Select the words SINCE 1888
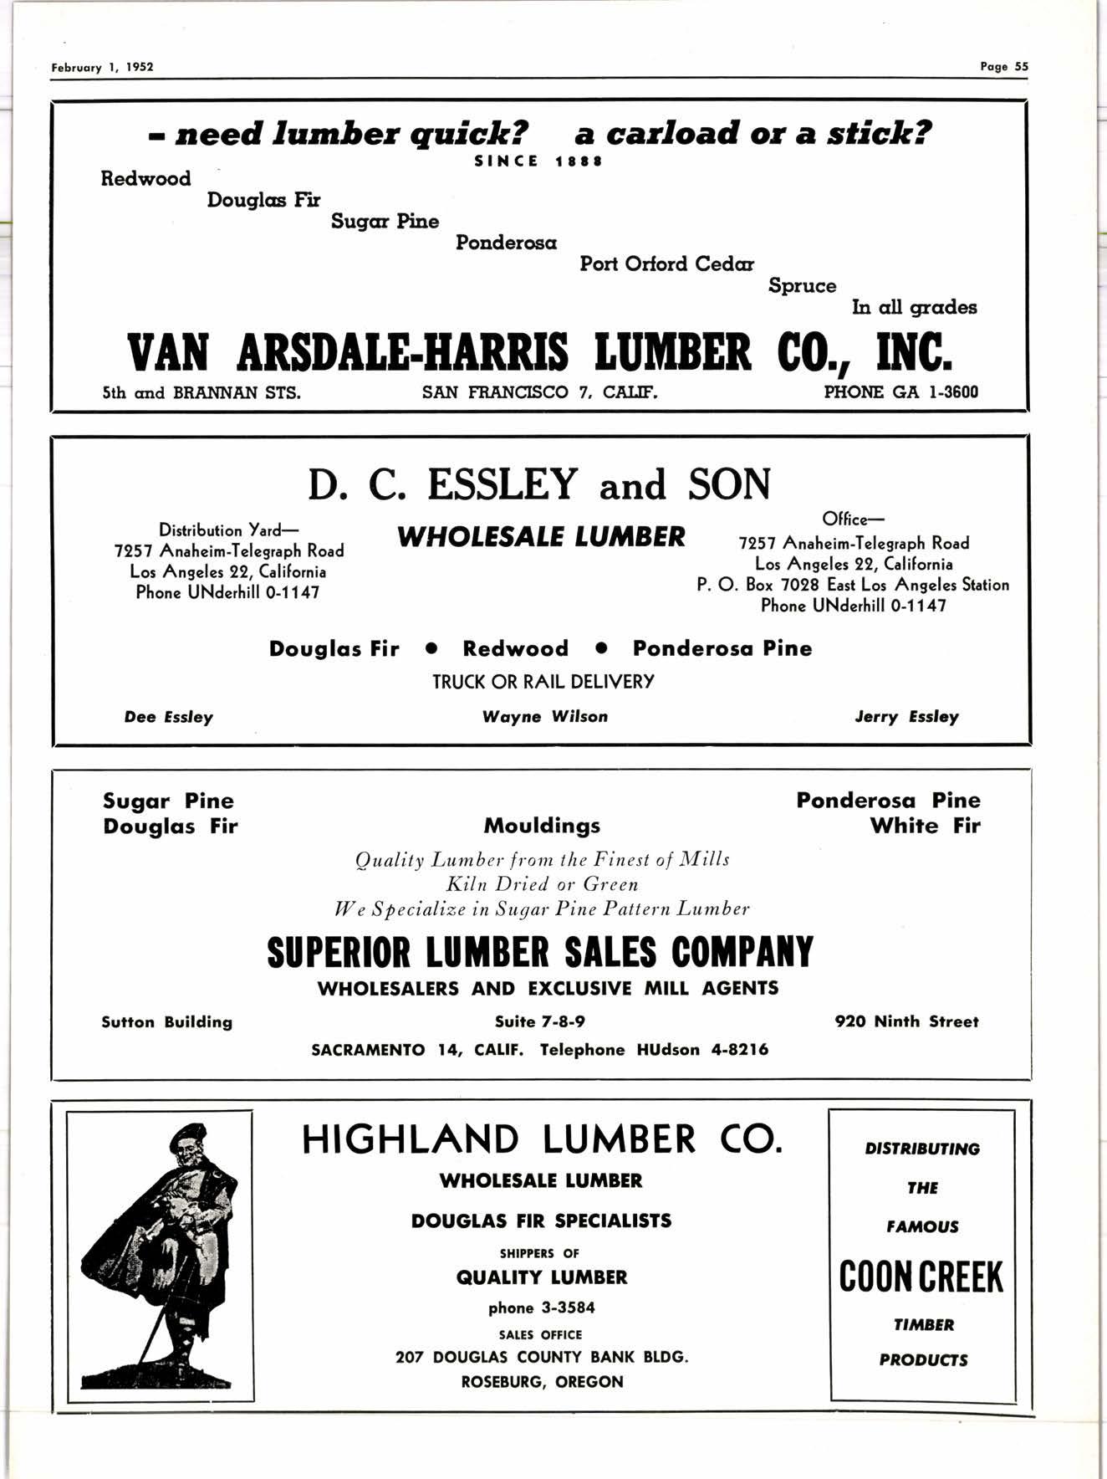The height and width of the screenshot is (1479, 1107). [x=538, y=161]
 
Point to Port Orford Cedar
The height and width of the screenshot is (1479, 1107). [x=666, y=264]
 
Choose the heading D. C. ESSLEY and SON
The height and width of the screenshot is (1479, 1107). [x=539, y=484]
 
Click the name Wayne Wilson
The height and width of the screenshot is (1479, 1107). [x=545, y=717]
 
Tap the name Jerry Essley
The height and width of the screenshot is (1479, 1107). [x=906, y=717]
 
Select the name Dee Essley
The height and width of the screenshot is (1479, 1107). [x=168, y=717]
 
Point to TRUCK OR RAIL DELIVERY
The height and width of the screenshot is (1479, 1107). [x=543, y=682]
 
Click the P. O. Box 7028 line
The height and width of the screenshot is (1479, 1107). [x=852, y=585]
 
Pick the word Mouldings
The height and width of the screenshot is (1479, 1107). [x=542, y=826]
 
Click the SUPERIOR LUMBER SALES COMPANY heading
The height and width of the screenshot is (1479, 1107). [x=539, y=952]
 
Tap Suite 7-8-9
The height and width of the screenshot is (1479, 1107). [x=540, y=1021]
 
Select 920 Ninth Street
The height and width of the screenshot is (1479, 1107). [x=906, y=1021]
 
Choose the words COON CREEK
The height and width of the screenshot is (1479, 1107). [x=921, y=1277]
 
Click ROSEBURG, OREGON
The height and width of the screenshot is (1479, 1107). [x=542, y=1382]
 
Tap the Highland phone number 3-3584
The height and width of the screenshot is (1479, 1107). [x=541, y=1308]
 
